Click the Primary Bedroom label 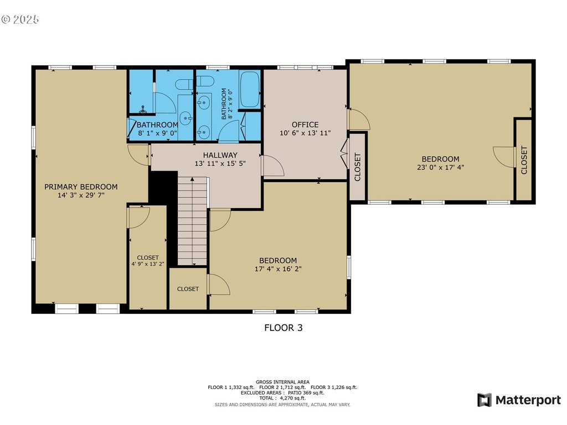tap(81, 187)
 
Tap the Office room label tap(305, 125)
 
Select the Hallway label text tap(220, 155)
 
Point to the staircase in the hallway tap(192, 221)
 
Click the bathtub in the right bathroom tap(250, 89)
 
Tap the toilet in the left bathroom tap(184, 85)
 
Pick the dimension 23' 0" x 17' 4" tap(440, 167)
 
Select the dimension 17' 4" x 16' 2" tap(278, 269)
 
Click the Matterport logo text tap(528, 400)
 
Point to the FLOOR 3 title tap(283, 328)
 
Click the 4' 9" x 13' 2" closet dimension tap(148, 264)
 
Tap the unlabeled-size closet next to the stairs tap(188, 289)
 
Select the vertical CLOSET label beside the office tap(358, 167)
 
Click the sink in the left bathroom tap(186, 117)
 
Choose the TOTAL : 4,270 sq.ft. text tap(282, 398)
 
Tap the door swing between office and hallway tap(273, 166)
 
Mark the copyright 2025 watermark tap(20, 19)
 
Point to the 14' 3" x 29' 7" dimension tap(81, 195)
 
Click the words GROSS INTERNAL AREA tap(282, 382)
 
